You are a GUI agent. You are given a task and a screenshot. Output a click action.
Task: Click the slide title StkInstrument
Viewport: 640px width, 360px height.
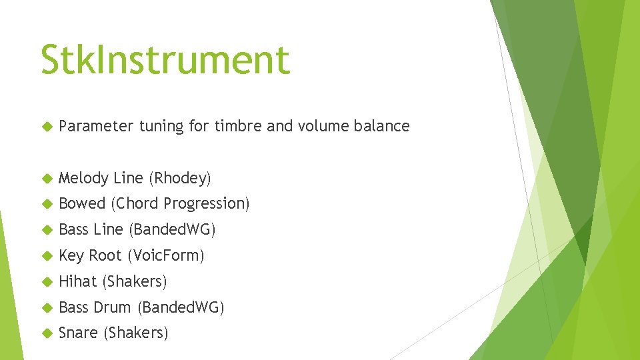click(x=165, y=60)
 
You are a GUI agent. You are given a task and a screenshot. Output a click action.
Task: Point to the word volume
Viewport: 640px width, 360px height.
click(x=326, y=127)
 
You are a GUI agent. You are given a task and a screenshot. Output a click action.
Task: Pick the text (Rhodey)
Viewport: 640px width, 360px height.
click(x=179, y=179)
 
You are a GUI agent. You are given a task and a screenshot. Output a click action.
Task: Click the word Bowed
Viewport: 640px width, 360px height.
click(x=82, y=203)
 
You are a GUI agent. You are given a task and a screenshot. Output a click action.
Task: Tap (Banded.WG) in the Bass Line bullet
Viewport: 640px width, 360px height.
click(x=172, y=230)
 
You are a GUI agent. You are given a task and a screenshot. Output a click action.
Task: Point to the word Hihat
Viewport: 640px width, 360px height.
click(x=77, y=281)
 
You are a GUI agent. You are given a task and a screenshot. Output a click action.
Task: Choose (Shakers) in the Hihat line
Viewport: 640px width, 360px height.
click(x=134, y=282)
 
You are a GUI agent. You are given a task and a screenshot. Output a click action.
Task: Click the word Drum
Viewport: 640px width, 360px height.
click(x=112, y=307)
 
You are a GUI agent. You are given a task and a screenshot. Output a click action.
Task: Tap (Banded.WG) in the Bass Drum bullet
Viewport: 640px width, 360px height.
click(x=181, y=308)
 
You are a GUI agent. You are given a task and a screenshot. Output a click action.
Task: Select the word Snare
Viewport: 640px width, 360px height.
click(x=78, y=333)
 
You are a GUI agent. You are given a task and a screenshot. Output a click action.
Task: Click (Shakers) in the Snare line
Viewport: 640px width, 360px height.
click(x=135, y=333)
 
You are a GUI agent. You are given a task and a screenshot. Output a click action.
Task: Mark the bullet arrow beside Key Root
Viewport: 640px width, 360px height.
click(x=46, y=256)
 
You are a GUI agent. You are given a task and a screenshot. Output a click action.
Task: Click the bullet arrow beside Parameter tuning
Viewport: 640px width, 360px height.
click(x=46, y=127)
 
